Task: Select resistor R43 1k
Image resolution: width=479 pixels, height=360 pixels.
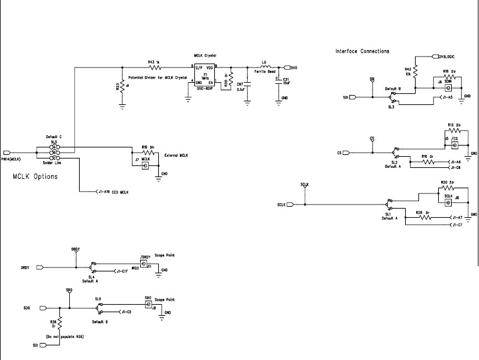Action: point(154,67)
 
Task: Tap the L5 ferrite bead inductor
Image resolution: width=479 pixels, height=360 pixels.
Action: point(265,67)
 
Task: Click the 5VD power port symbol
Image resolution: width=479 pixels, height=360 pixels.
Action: point(288,67)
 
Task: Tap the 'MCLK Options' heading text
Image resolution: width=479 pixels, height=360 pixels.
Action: point(35,177)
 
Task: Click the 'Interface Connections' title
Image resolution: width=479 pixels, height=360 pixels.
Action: point(362,51)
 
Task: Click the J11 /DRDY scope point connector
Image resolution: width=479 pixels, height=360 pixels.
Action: point(143,265)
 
